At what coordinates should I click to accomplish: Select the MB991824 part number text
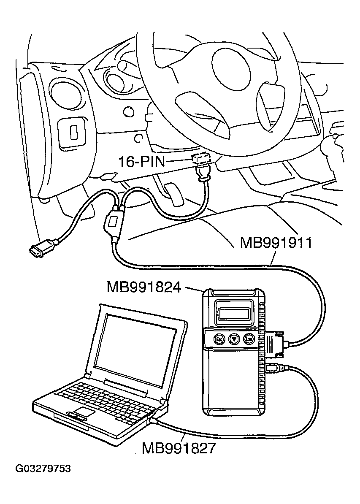(x=144, y=287)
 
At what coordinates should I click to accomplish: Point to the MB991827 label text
(x=178, y=447)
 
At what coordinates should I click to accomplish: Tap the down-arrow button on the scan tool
(x=233, y=339)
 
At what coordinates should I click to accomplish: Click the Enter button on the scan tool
(x=249, y=339)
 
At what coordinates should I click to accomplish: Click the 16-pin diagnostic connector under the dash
(x=201, y=160)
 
